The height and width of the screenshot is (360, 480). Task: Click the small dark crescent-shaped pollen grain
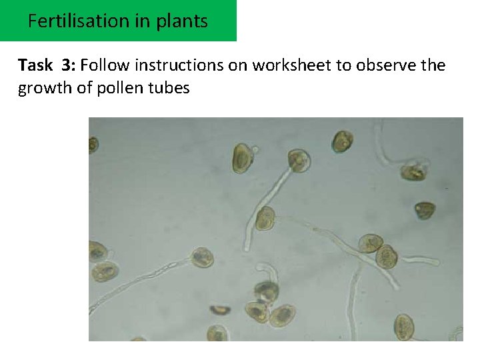point(220,309)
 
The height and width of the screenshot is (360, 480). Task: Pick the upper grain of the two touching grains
point(371,243)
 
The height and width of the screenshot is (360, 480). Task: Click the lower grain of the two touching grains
point(387,257)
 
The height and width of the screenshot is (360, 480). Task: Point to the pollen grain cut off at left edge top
point(93,145)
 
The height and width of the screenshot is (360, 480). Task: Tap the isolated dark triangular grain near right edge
point(424,211)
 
